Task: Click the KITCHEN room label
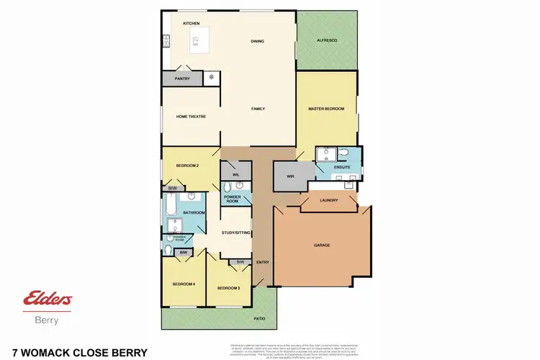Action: point(191,24)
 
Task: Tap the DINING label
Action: point(257,41)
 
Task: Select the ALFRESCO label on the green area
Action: point(328,41)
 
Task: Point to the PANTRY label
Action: point(182,78)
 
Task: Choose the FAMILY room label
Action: point(258,109)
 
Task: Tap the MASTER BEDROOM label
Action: point(326,109)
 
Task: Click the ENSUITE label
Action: point(342,167)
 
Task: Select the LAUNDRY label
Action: point(328,200)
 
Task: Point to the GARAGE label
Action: point(322,245)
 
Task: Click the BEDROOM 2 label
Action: point(187,166)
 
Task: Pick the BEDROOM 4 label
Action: point(184,284)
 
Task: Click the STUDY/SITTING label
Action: point(235,233)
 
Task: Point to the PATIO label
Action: point(259,317)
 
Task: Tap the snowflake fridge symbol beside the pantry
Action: point(212,76)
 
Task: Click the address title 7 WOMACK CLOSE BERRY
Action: point(75,352)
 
